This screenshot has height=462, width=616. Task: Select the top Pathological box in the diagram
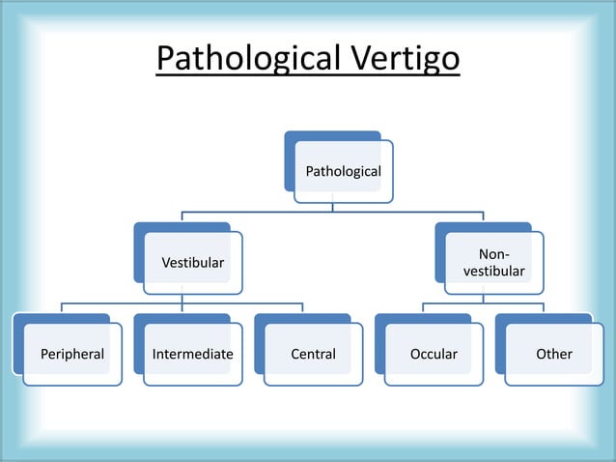pyautogui.click(x=343, y=172)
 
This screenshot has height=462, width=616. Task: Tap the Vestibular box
pyautogui.click(x=192, y=263)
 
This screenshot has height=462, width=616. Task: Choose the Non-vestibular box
pyautogui.click(x=493, y=263)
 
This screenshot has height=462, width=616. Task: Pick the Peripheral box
pyautogui.click(x=72, y=355)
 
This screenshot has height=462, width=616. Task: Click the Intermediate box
pyautogui.click(x=192, y=355)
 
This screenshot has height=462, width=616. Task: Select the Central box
pyautogui.click(x=314, y=355)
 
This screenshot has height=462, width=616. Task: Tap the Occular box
pyautogui.click(x=434, y=355)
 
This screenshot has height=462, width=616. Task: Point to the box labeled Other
pyautogui.click(x=554, y=355)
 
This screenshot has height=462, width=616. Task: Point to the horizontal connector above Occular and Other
pyautogui.click(x=483, y=303)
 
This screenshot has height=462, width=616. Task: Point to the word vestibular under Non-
pyautogui.click(x=493, y=272)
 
